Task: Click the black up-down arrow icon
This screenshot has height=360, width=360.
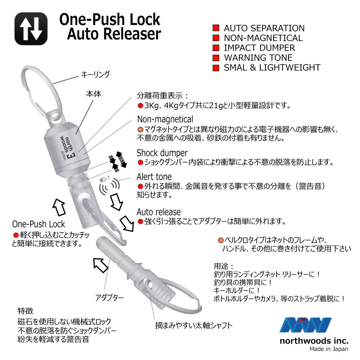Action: point(31,29)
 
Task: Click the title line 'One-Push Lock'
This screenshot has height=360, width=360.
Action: point(110,19)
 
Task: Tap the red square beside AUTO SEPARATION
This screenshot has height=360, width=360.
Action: point(216,28)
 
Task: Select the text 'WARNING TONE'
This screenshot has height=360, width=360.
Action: point(258,58)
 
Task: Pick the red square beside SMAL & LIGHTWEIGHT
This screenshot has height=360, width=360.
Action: point(216,68)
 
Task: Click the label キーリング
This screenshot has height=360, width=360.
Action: point(95,74)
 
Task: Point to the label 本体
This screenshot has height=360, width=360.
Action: point(94,94)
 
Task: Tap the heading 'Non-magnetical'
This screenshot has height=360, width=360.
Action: point(165,119)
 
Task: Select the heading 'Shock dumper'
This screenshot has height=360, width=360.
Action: point(162,153)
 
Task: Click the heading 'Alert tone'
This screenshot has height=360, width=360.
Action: point(154,176)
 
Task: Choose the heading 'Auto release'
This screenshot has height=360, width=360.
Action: point(159,212)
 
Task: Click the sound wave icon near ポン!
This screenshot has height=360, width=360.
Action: point(109,187)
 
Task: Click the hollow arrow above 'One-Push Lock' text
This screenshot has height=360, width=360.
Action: point(59,207)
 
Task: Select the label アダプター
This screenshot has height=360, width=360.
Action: point(109,298)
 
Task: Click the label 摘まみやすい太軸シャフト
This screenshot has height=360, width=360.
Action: point(194,325)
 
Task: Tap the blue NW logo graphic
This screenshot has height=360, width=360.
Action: point(305,325)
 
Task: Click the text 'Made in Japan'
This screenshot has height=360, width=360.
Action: point(329,349)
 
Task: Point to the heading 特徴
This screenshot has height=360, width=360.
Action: point(25,311)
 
